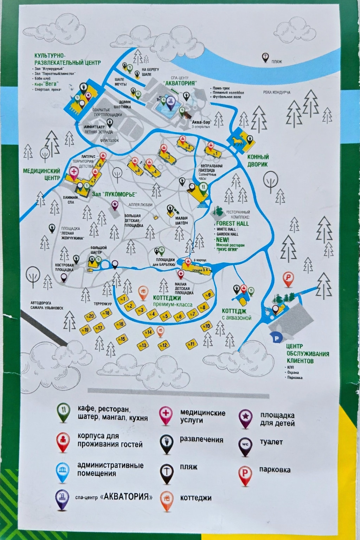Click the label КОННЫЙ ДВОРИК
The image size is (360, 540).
tap(257, 161)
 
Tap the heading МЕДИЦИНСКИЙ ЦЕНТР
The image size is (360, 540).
tap(41, 174)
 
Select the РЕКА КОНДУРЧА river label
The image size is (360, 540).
tap(277, 92)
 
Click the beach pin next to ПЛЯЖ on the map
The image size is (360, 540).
tap(265, 58)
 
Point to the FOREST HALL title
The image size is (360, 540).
tap(232, 224)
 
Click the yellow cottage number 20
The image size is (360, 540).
tap(91, 316)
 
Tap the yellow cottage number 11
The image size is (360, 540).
tap(192, 344)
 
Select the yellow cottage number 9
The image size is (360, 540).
tap(208, 295)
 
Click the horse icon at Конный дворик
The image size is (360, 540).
tap(236, 140)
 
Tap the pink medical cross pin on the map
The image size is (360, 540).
tap(74, 172)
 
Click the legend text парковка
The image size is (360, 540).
tap(275, 470)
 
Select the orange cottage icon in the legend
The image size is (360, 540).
tap(167, 499)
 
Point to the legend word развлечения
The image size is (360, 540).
tap(201, 439)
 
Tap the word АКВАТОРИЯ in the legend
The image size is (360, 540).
tap(126, 497)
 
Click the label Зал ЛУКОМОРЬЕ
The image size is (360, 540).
tap(114, 194)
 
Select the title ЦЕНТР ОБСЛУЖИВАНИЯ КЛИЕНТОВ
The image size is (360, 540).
tap(307, 354)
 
